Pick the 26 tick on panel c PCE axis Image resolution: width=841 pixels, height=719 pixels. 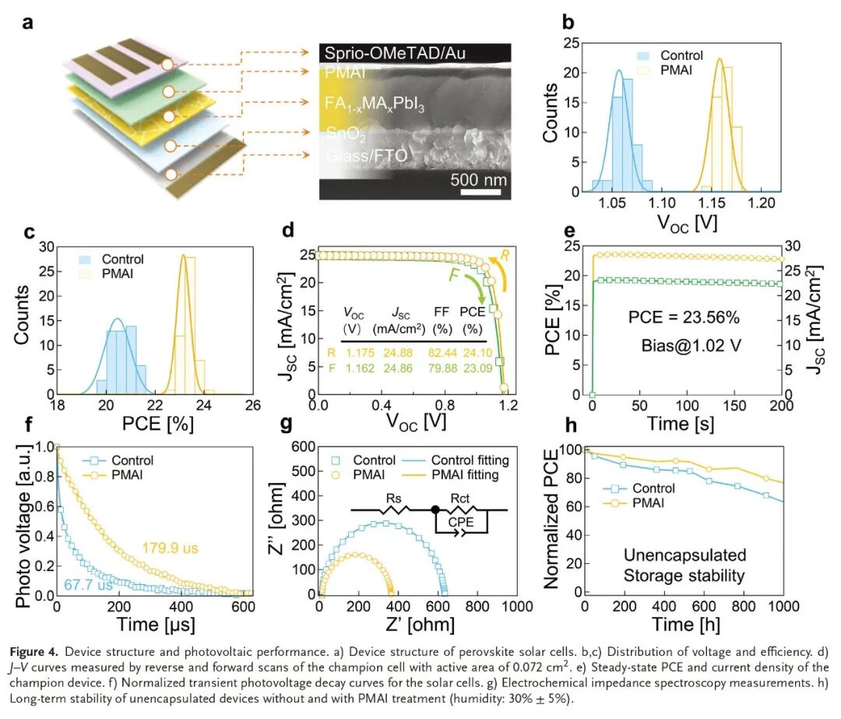(x=253, y=406)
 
